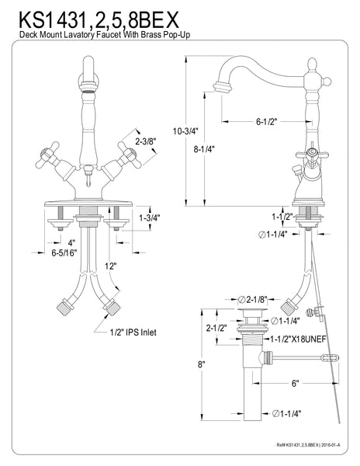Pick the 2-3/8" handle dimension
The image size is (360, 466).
click(147, 142)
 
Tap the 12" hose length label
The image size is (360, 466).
click(112, 267)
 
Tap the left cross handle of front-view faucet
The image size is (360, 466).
click(60, 155)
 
